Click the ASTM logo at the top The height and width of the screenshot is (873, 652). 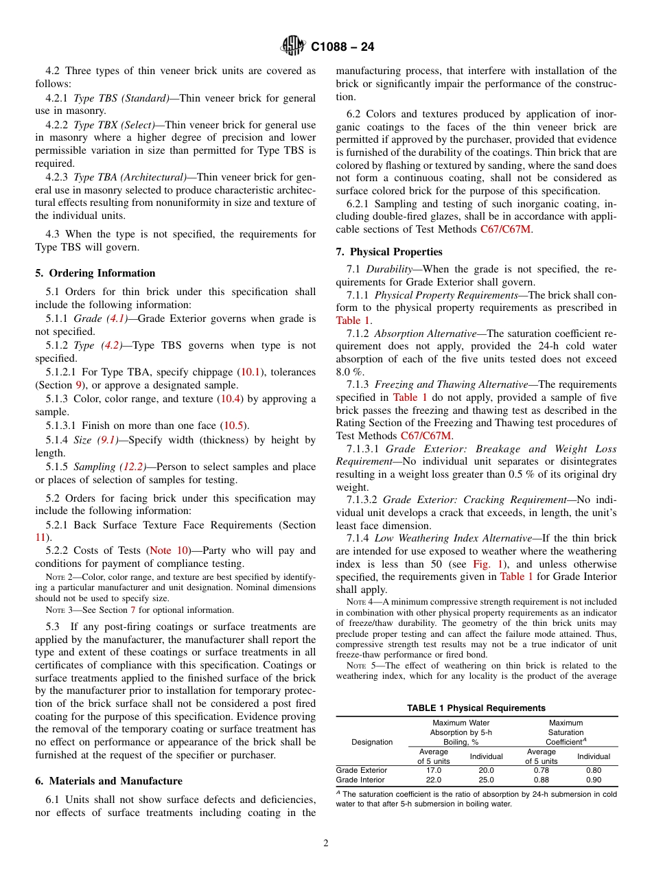pos(293,47)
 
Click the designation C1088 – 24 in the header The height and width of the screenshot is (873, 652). pos(342,47)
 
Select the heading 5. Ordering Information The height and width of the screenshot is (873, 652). pos(95,273)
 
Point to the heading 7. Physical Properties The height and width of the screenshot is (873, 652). pos(389,252)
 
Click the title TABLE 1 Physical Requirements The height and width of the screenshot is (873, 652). pos(476,708)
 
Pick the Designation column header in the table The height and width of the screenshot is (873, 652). pos(372,742)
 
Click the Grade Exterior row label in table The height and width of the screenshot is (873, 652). pos(361,770)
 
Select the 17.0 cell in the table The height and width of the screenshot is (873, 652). pos(434,770)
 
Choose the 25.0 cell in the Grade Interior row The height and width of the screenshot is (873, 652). pos(486,780)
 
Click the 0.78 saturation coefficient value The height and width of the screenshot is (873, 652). pos(542,770)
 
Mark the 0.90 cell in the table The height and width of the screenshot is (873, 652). pos(594,780)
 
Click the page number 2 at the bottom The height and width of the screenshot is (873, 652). pos(326,843)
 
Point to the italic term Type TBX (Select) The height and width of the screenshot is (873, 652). pos(114,125)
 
